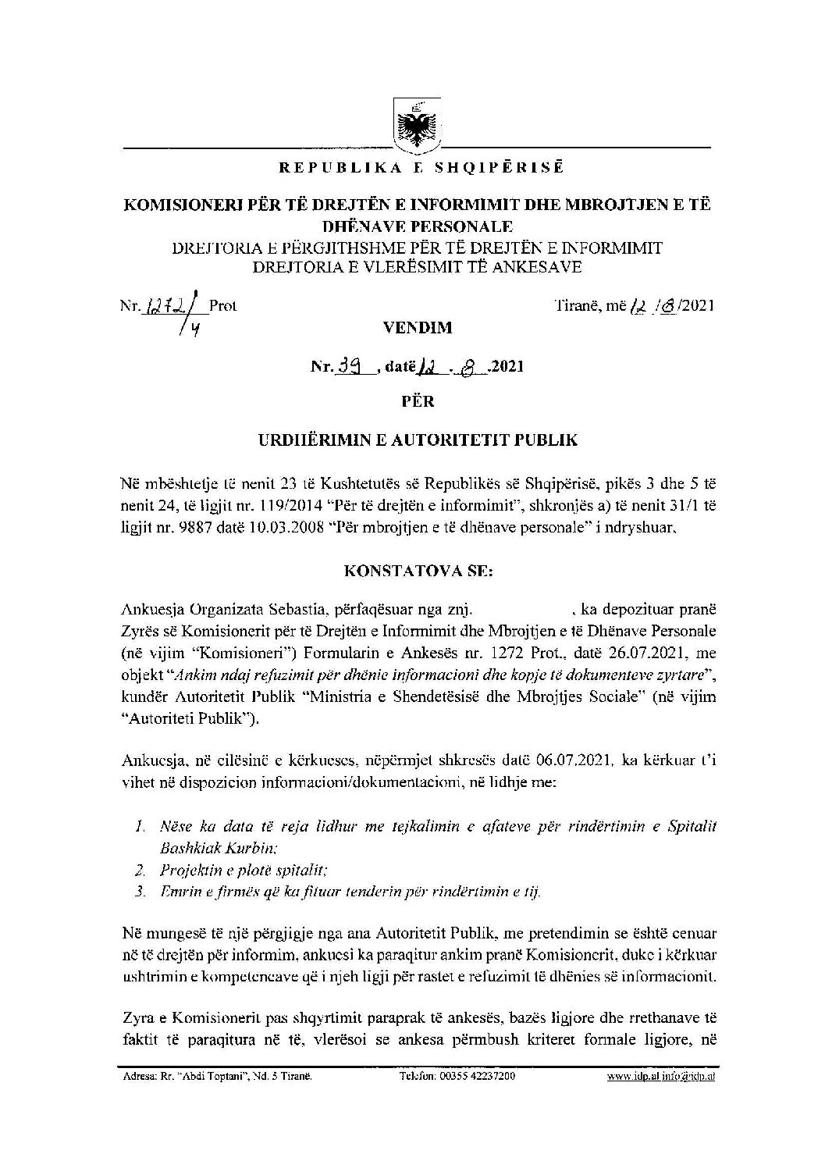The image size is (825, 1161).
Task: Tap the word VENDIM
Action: [418, 328]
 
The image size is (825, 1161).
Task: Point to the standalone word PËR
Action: [418, 402]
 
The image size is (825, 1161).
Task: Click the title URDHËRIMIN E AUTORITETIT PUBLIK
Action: [418, 440]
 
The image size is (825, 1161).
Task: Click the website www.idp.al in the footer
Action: [633, 1076]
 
